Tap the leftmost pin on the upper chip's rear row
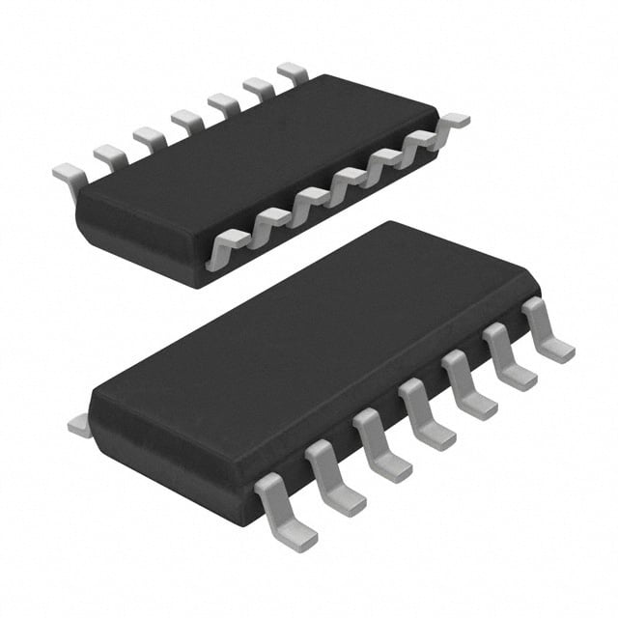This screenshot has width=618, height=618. [70, 178]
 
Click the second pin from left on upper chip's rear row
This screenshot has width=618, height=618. [110, 155]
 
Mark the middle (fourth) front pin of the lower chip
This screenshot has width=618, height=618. [425, 415]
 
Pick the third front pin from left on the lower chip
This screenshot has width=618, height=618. [380, 445]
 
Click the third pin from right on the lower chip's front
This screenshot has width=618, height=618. [468, 386]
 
